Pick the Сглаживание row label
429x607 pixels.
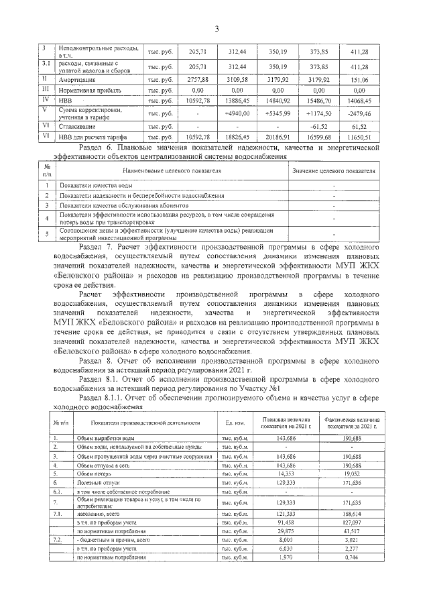click(76, 126)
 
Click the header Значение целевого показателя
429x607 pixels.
click(334, 171)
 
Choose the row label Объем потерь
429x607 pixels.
click(98, 473)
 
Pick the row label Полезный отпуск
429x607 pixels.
click(101, 482)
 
